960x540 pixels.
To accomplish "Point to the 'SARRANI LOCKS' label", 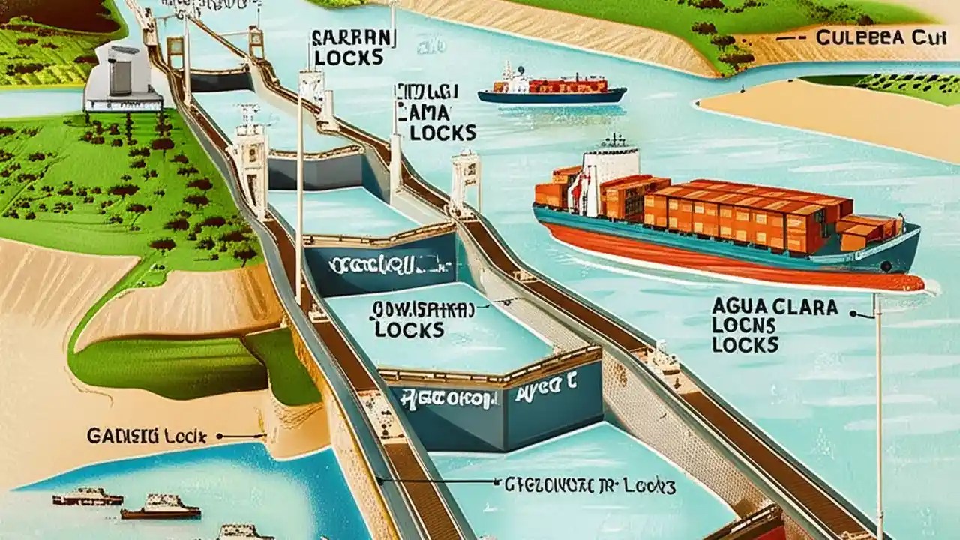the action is [352, 46].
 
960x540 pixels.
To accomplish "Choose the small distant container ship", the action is [551, 88].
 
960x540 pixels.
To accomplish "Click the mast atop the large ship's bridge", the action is [615, 139].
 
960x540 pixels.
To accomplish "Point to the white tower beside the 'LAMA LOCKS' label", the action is [466, 180].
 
